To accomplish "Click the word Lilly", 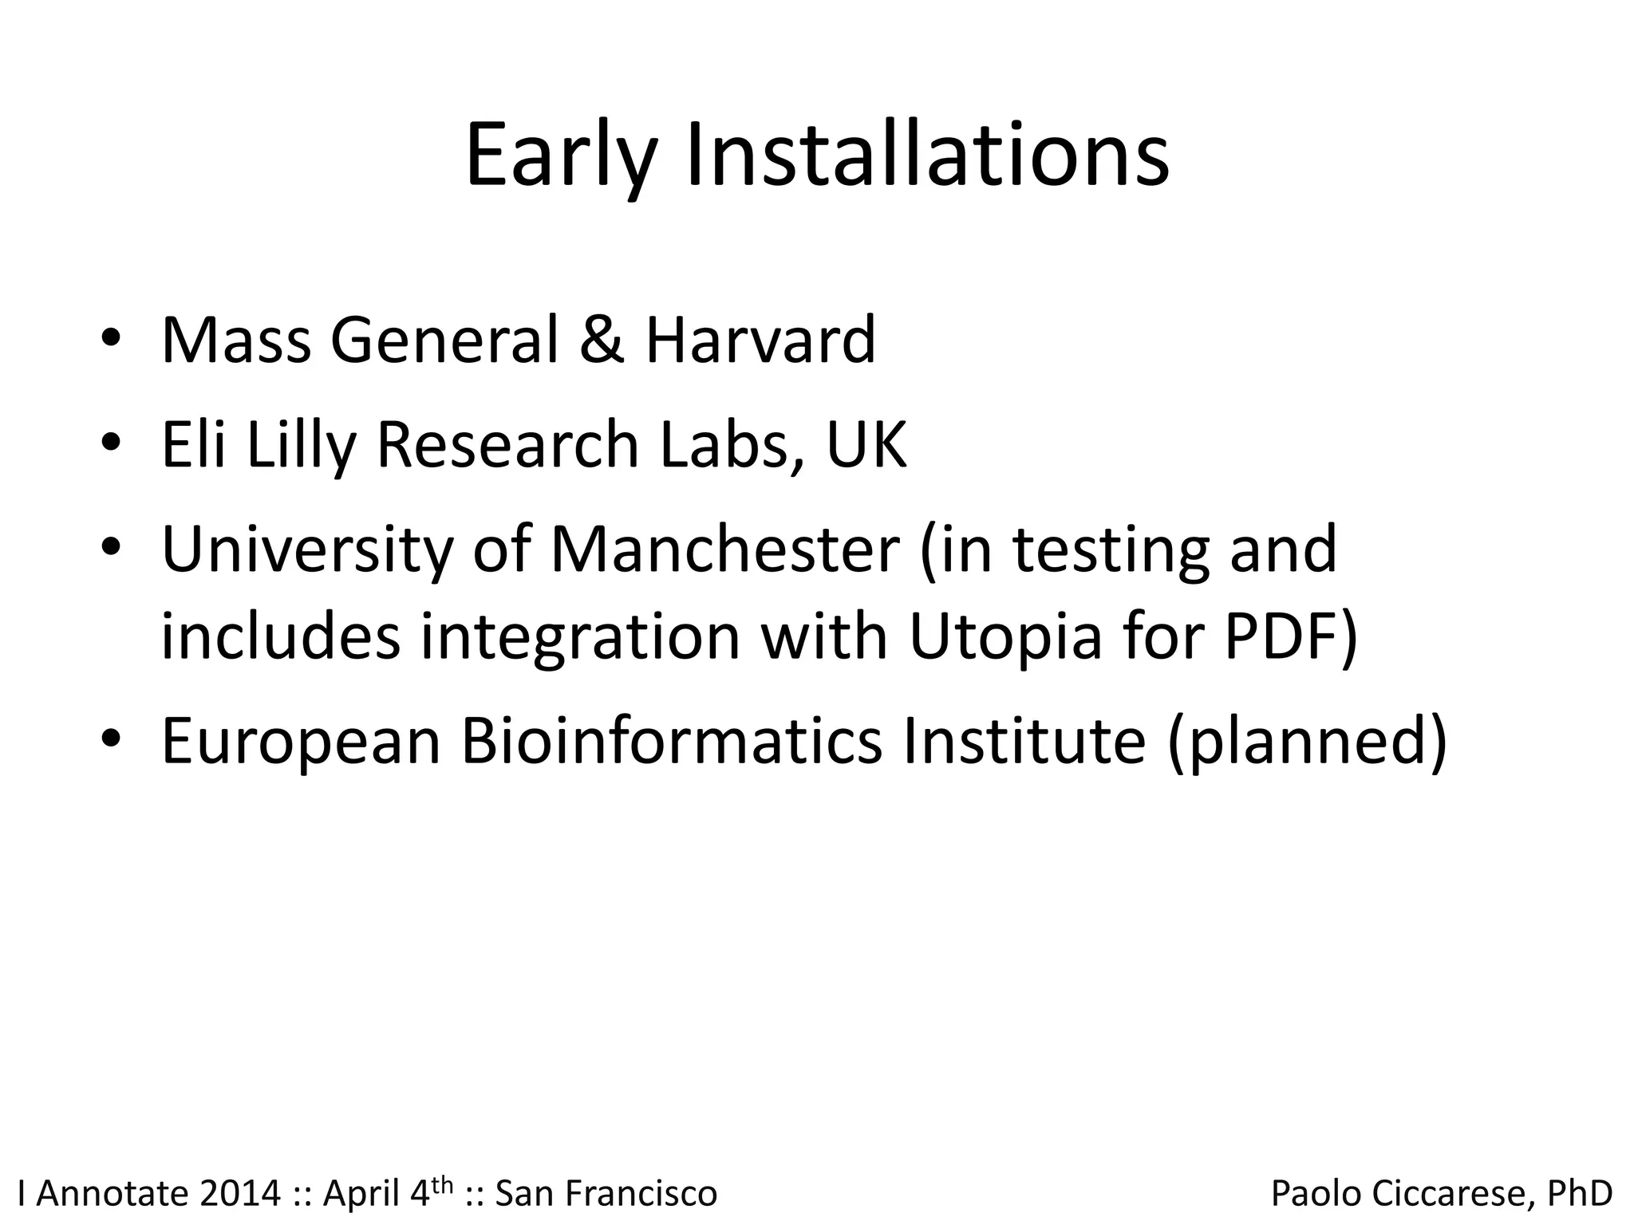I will (x=300, y=445).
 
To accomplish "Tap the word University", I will (x=307, y=550).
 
